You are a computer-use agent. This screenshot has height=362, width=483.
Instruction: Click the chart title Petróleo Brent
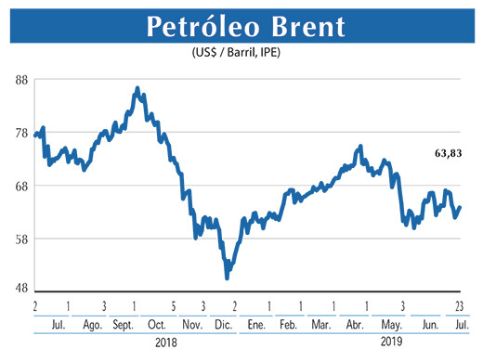[x=241, y=26]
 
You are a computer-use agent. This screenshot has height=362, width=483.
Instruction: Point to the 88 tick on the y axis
[x=21, y=80]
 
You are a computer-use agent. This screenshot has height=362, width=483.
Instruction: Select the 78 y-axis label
[x=21, y=133]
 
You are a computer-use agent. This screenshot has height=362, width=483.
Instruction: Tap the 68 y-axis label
[x=21, y=186]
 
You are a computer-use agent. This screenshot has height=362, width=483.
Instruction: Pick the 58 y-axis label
[x=21, y=239]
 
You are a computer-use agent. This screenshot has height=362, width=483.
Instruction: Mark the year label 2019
[x=392, y=344]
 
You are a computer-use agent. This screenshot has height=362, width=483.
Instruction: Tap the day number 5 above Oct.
[x=173, y=305]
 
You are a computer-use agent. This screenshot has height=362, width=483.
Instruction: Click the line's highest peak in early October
[x=137, y=89]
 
